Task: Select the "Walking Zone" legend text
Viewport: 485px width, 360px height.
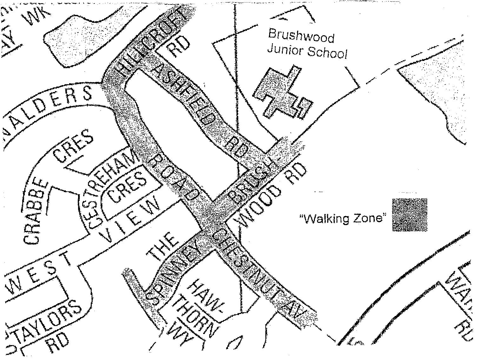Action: pos(344,218)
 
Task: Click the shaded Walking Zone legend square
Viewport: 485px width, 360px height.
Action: pos(409,215)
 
